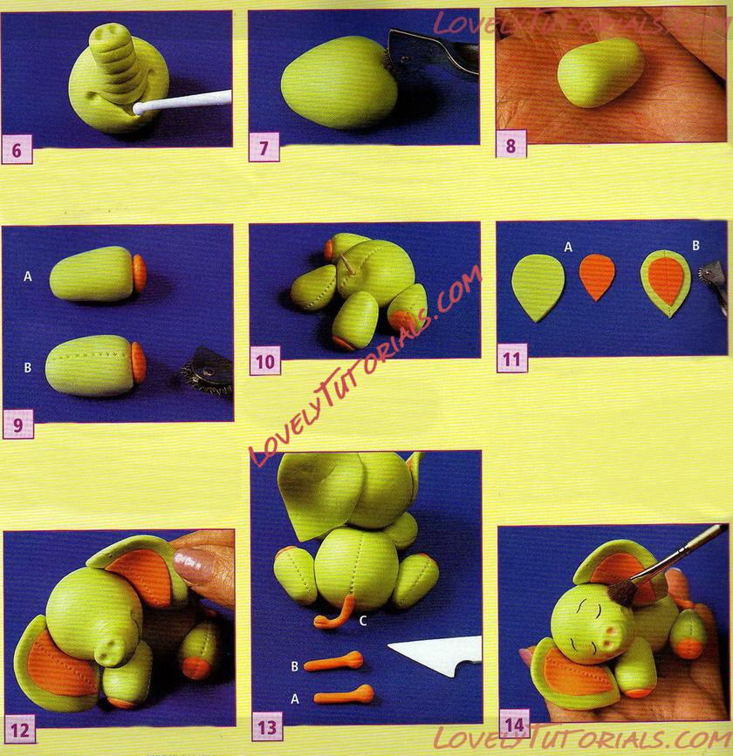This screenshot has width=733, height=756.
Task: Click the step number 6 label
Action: point(17,149)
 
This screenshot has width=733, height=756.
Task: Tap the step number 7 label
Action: point(264,147)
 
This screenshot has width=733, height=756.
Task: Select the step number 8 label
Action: point(511,144)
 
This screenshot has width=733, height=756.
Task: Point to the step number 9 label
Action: point(17,425)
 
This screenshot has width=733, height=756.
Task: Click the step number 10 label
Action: point(265,361)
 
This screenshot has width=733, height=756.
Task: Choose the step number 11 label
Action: point(512,358)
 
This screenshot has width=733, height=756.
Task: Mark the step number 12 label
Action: point(20,730)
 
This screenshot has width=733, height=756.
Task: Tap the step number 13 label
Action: point(267,726)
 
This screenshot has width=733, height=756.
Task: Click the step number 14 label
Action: point(514,724)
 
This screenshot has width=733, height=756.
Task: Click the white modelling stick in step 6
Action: point(182,102)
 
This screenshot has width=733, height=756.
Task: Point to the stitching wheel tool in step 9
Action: point(208,372)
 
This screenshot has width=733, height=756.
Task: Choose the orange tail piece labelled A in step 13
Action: point(344,695)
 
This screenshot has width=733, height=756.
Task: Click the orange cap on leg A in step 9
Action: point(140,273)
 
